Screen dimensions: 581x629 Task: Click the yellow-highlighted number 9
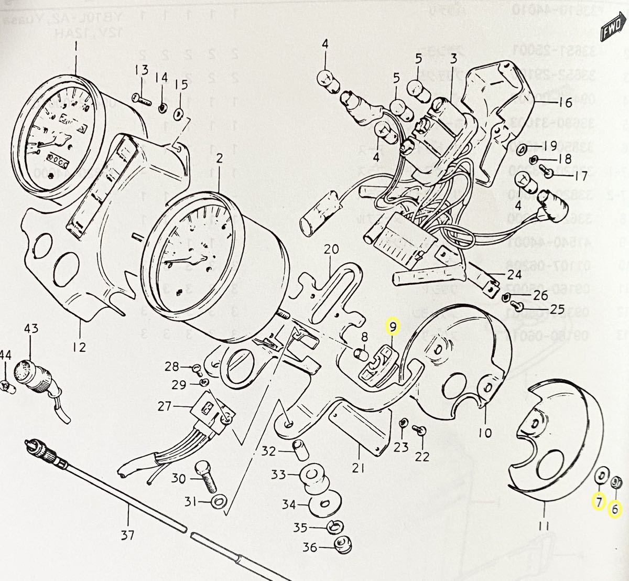click(392, 328)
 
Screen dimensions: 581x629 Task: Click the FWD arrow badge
click(614, 26)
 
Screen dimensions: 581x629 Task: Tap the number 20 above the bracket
click(331, 250)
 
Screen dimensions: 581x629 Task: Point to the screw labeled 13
click(143, 98)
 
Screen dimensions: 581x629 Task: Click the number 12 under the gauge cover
click(80, 347)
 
